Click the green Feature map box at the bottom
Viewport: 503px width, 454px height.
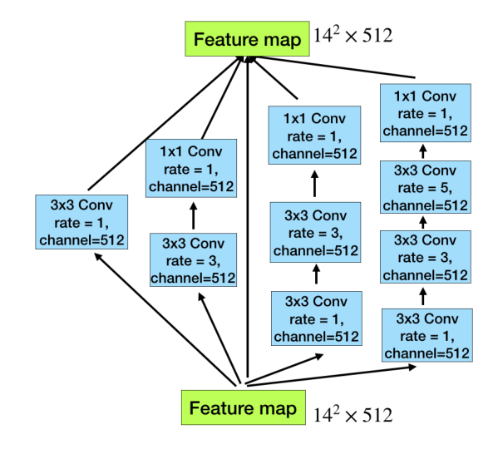242,408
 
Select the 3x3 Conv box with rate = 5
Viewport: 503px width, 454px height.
425,188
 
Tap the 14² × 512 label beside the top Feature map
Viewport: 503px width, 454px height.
353,36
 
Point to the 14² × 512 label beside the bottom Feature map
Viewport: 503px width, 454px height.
353,413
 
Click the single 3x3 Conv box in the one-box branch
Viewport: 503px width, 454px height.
81,222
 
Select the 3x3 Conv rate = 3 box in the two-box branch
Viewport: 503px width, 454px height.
191,259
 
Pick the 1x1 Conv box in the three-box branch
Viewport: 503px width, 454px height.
315,135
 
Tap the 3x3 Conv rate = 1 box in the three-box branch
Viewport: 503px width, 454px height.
315,317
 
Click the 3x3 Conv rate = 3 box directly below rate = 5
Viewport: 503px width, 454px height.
425,259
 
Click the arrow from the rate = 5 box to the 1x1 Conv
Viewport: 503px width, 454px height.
424,151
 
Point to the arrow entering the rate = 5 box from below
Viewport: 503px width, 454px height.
424,224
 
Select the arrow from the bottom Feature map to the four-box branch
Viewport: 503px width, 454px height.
333,375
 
